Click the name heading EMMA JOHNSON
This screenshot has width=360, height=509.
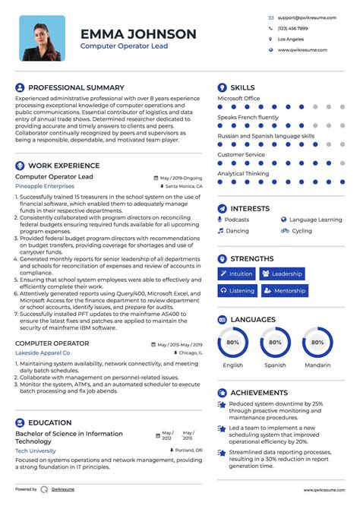click(138, 34)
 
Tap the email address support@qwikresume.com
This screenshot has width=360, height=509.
click(302, 17)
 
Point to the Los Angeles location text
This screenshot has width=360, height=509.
click(291, 39)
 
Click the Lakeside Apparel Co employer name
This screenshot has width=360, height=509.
click(43, 353)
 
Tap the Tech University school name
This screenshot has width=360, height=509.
click(36, 451)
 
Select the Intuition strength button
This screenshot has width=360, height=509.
click(237, 273)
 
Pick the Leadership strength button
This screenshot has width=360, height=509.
click(282, 273)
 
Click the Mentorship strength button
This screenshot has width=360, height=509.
click(284, 290)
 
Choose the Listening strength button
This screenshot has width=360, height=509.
click(237, 290)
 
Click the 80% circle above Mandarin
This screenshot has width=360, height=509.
click(317, 343)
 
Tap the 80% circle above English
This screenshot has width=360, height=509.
click(232, 343)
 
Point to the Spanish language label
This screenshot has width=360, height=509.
click(275, 365)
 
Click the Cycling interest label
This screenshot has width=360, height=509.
click(302, 231)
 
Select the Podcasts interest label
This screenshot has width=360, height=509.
click(237, 220)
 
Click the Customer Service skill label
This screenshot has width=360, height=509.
click(241, 155)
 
